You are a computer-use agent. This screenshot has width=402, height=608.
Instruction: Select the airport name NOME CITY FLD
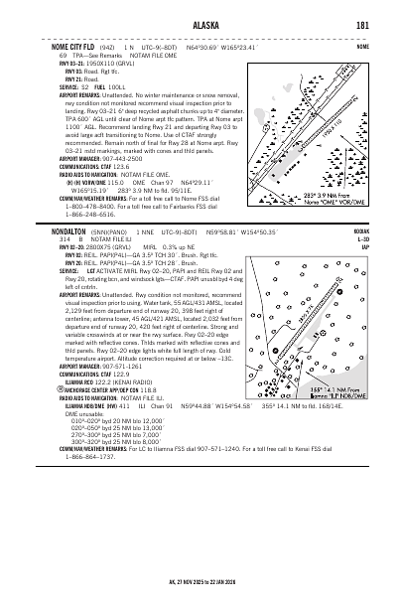point(70,46)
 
